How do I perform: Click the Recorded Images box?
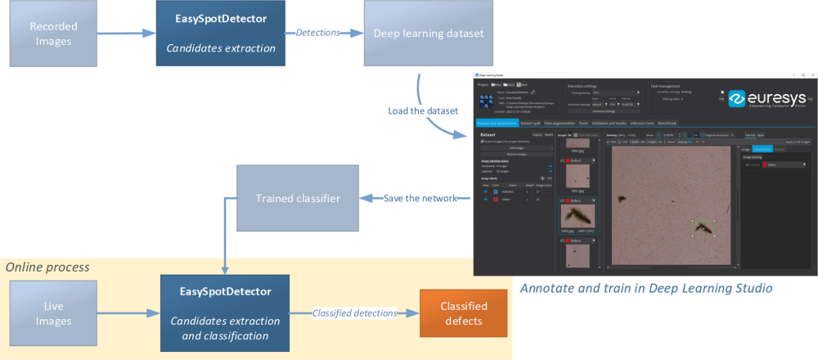coord(53,34)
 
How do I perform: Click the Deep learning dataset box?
coord(429,34)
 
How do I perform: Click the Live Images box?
coord(53,312)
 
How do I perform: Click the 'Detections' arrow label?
coord(317,33)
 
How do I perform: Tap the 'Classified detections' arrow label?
coord(354,313)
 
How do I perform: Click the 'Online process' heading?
coord(47,268)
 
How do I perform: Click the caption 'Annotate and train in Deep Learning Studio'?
coord(646,288)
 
